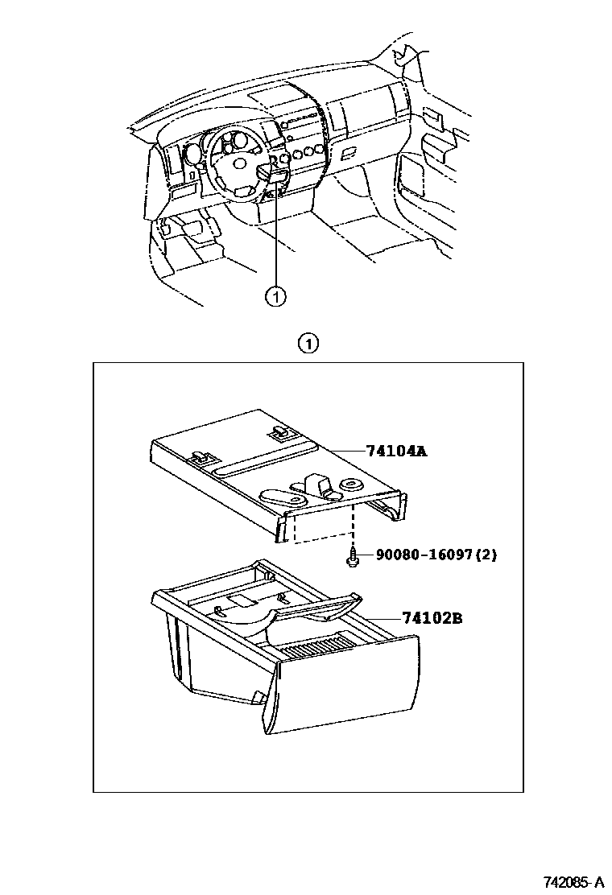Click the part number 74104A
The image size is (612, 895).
tap(395, 452)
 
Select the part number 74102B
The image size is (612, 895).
tap(432, 618)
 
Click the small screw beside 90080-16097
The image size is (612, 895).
tap(353, 557)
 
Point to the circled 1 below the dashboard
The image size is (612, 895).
tap(275, 297)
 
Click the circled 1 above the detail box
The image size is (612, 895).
tap(307, 344)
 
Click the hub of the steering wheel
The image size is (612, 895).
tap(240, 163)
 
